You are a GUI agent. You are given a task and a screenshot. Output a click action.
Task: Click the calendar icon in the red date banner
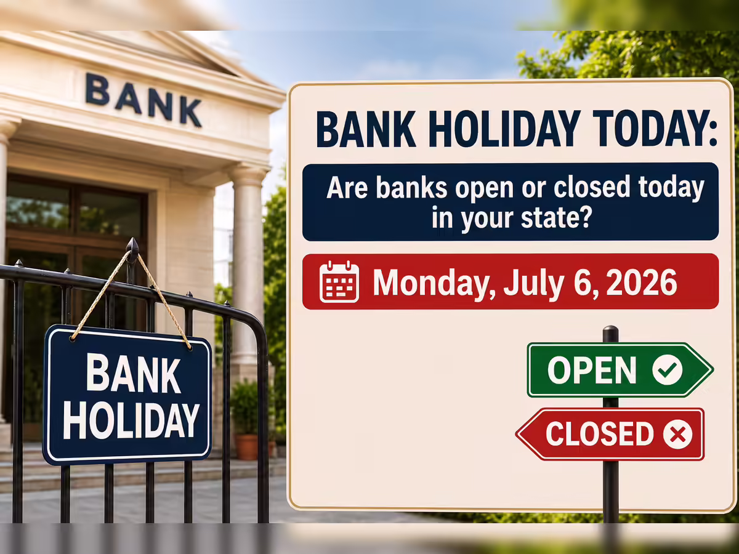339,281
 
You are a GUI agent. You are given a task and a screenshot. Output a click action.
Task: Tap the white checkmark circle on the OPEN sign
668,370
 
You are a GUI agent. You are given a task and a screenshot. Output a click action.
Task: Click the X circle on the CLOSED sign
677,434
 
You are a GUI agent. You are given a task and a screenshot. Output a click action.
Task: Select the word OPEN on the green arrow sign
592,370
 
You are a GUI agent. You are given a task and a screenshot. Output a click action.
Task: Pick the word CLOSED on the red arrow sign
600,434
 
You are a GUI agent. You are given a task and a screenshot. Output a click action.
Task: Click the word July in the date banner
534,284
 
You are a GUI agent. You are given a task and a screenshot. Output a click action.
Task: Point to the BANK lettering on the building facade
143,100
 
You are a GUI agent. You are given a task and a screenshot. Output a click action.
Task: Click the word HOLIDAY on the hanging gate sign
131,421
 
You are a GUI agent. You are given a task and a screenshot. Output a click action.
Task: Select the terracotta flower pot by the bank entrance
247,447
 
